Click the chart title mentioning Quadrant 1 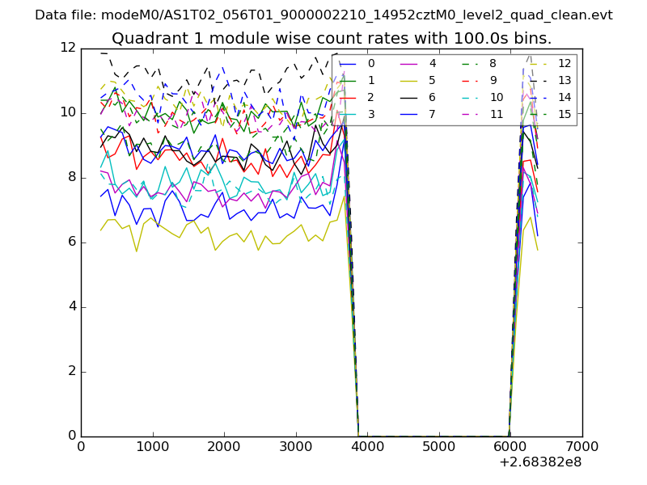(332, 38)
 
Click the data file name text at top (323, 15)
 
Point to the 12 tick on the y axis (68, 48)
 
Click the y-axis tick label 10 (68, 112)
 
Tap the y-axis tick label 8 (71, 177)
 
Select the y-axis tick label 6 (71, 242)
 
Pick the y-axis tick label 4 (71, 306)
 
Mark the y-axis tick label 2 (71, 371)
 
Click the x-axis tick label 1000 (152, 446)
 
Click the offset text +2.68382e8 (540, 462)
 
